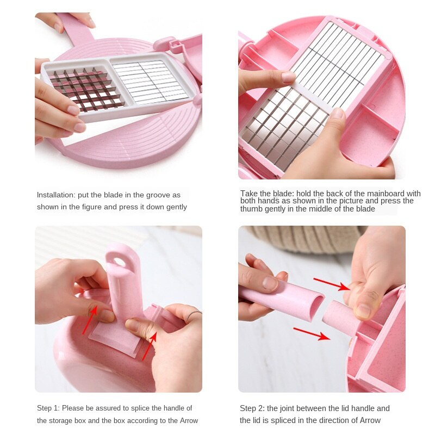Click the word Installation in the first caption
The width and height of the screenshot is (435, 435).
(56, 195)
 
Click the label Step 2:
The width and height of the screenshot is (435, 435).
(253, 408)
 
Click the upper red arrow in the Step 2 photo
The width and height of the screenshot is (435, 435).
(331, 284)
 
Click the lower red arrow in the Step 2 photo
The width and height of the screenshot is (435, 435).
(311, 333)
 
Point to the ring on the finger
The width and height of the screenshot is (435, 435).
(193, 315)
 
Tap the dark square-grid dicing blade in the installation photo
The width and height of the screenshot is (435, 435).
(85, 89)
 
